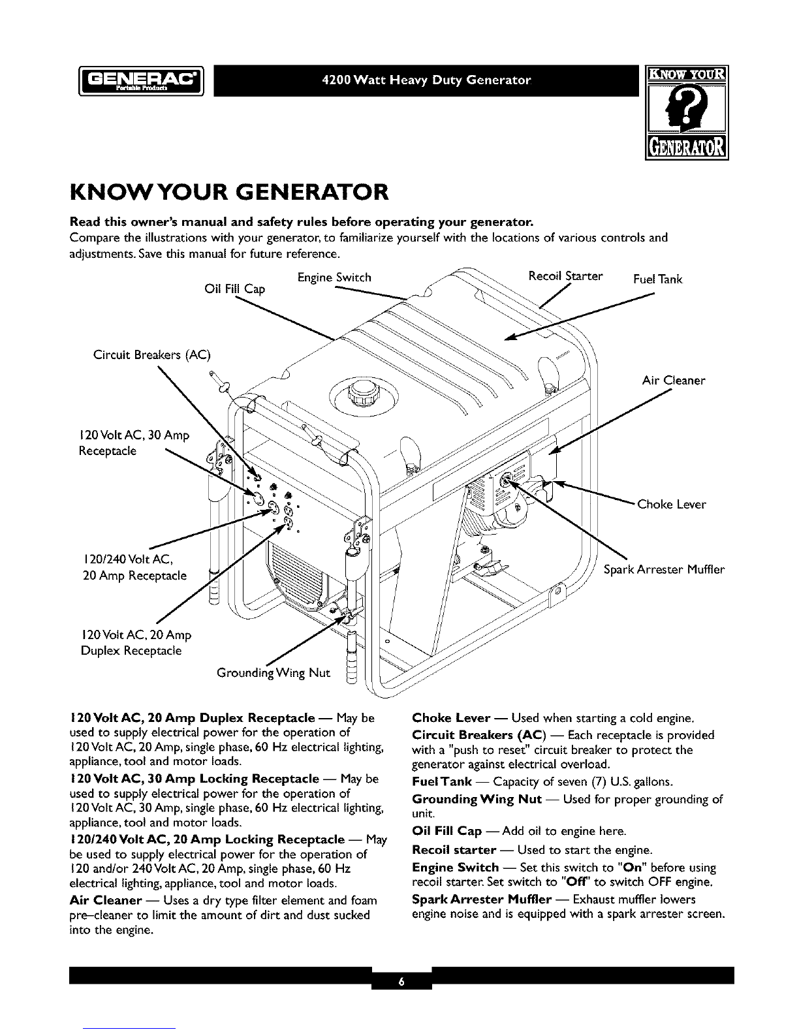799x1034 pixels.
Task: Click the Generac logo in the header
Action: [x=141, y=81]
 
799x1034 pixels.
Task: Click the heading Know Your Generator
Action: [x=229, y=192]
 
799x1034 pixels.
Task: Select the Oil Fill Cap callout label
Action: [x=234, y=289]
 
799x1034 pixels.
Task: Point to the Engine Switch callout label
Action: [x=334, y=277]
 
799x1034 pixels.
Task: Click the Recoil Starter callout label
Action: [x=565, y=276]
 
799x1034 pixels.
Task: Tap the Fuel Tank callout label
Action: [x=657, y=279]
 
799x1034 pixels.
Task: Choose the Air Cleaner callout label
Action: [x=674, y=380]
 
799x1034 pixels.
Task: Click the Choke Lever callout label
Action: [x=672, y=505]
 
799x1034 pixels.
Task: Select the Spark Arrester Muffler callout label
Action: [x=664, y=570]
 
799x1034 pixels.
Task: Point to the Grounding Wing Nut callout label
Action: [x=273, y=673]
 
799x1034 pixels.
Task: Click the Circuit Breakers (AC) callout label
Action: [x=152, y=355]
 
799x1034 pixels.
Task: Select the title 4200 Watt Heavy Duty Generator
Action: [x=426, y=80]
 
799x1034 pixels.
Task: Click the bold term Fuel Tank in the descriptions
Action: [x=442, y=782]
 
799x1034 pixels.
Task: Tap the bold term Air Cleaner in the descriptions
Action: [x=106, y=900]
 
